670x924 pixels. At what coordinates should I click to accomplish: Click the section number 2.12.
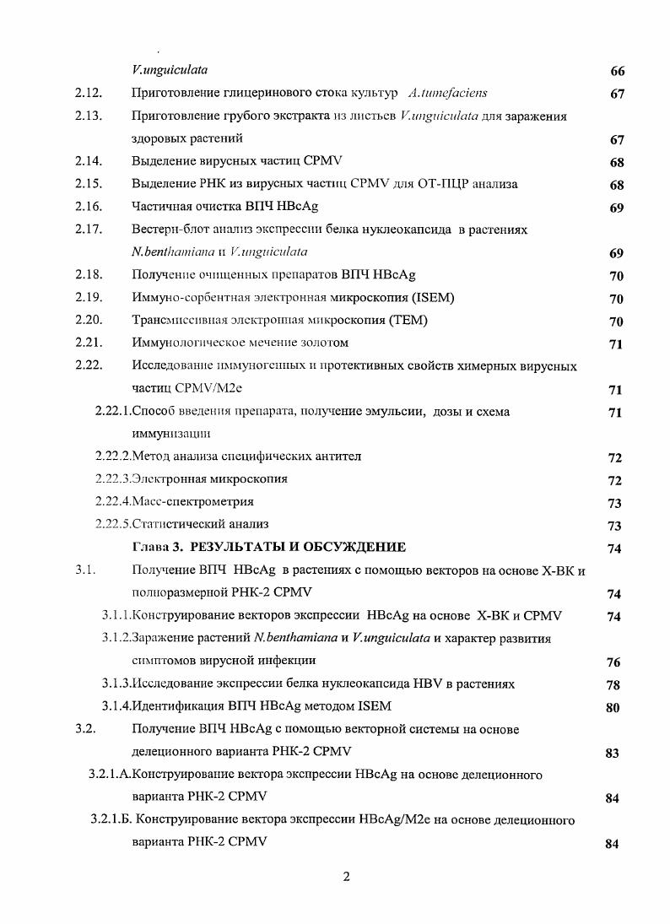pos(89,93)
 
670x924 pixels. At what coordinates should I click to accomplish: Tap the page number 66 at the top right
pos(617,71)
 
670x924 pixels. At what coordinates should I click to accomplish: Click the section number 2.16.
pos(89,206)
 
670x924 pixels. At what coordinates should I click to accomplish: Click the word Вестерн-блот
pos(168,229)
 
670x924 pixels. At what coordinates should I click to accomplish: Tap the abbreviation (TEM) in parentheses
pos(406,320)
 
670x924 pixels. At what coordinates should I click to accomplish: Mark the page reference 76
pos(613,662)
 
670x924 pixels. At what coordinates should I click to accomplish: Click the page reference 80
pos(613,707)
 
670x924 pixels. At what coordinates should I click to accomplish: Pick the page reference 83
pos(613,753)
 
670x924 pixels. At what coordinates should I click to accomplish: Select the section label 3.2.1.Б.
pos(111,819)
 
